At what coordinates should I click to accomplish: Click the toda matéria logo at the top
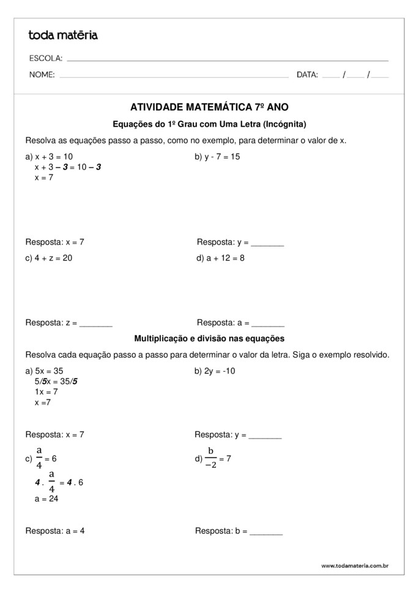(x=63, y=35)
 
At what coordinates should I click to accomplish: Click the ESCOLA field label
(x=45, y=59)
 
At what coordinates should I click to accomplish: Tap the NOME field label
(x=42, y=75)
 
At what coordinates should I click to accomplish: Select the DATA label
(x=307, y=75)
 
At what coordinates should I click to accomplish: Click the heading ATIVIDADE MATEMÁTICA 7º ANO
(x=209, y=106)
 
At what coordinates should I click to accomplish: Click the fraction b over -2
(x=211, y=458)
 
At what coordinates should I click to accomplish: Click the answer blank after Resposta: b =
(x=266, y=532)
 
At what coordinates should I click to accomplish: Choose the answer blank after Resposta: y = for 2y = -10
(x=265, y=436)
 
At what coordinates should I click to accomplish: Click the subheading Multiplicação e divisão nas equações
(x=209, y=338)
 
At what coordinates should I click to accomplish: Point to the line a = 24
(x=46, y=498)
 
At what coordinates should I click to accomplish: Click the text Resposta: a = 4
(x=55, y=531)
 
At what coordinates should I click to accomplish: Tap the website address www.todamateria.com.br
(x=354, y=566)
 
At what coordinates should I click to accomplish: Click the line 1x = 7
(x=46, y=391)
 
